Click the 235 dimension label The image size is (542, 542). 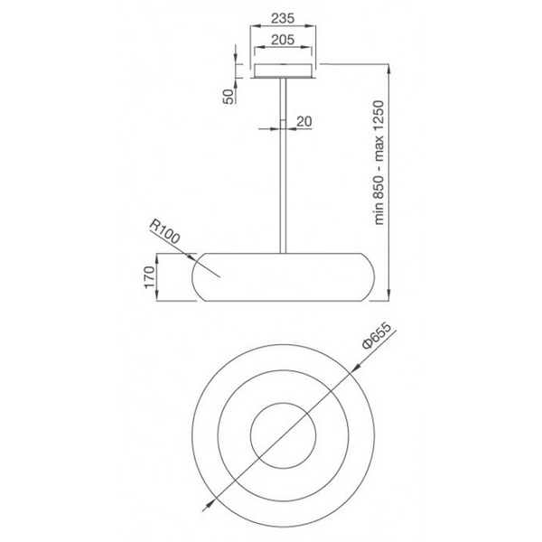[283, 18]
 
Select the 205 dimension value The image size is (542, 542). [283, 40]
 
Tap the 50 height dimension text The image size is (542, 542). [229, 97]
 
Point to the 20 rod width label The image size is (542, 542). [304, 121]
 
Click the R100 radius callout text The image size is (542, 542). [164, 232]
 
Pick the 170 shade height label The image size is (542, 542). [149, 277]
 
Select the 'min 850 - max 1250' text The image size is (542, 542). [378, 163]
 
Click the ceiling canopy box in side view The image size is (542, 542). [283, 70]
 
